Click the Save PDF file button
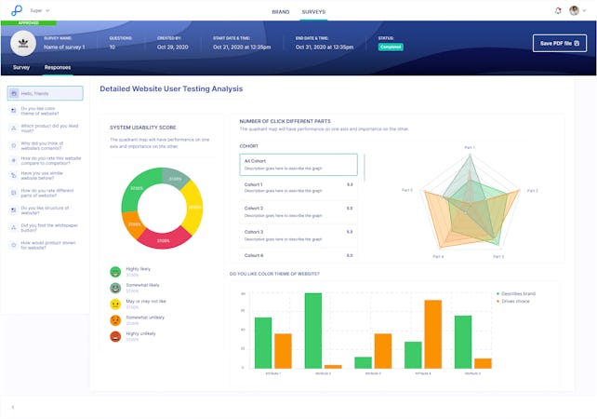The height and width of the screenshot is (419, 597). tap(559, 43)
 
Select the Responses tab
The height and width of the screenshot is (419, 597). tap(58, 67)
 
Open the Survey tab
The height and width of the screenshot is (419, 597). tap(21, 67)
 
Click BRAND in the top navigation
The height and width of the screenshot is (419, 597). tap(280, 11)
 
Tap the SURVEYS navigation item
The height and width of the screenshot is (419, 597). tap(313, 11)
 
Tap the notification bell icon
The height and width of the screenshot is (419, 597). tap(557, 11)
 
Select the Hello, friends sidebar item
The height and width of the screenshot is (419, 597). tap(45, 93)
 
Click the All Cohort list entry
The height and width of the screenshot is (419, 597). tap(298, 165)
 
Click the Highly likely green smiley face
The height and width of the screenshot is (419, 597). tap(115, 271)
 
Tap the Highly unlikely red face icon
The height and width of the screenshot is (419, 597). tap(115, 335)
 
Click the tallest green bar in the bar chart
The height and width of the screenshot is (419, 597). tap(313, 331)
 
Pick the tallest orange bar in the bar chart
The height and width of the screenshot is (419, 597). tap(432, 334)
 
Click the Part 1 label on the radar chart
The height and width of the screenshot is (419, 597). tap(469, 147)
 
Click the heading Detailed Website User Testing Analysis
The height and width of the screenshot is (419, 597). tap(171, 88)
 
